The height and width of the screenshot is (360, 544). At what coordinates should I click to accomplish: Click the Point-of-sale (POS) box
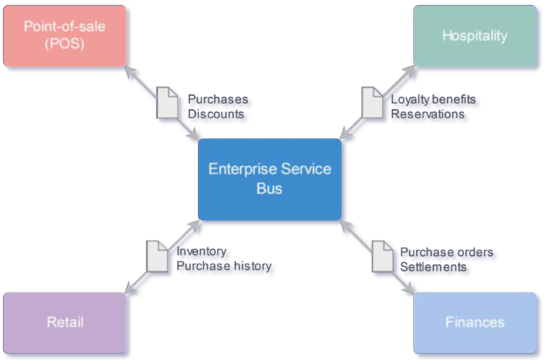click(65, 36)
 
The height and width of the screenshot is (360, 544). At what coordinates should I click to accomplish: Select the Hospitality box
click(475, 36)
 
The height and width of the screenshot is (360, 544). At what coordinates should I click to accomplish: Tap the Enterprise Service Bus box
click(270, 179)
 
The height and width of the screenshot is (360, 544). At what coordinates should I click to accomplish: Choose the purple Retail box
click(65, 323)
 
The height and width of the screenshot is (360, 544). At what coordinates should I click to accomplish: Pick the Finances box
click(475, 323)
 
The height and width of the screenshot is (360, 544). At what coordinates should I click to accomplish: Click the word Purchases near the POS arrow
click(218, 99)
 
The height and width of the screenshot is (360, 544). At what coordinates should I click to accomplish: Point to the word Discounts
click(216, 114)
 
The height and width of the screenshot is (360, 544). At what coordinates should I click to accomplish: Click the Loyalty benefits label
click(433, 100)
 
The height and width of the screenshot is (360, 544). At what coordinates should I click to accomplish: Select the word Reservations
click(427, 114)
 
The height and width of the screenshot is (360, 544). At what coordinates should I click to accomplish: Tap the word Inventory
click(202, 251)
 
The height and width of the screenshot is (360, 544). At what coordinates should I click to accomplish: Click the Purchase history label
click(224, 266)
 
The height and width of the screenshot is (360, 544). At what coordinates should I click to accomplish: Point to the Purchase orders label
click(446, 252)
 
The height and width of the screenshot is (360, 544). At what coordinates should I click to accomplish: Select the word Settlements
click(433, 267)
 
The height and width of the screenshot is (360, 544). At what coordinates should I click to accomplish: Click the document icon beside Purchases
click(167, 102)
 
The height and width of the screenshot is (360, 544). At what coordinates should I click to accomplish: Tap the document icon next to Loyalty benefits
click(372, 102)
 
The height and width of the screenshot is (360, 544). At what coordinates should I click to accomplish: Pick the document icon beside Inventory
click(157, 256)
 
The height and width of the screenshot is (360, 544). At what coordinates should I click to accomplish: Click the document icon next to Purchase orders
click(383, 256)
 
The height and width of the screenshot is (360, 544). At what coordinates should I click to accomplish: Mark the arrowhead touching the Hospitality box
click(409, 71)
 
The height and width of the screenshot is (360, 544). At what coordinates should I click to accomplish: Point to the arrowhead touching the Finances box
click(409, 288)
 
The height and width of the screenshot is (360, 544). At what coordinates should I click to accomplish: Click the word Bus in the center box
click(270, 189)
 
